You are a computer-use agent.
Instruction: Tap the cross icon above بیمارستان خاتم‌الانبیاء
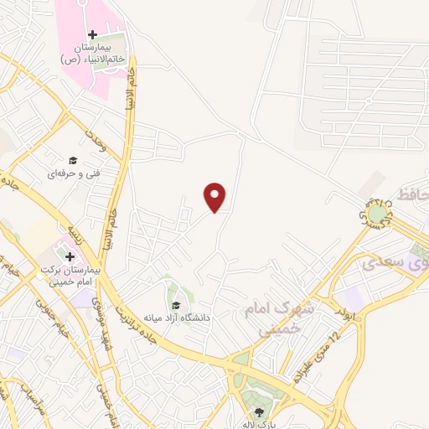coord(92,34)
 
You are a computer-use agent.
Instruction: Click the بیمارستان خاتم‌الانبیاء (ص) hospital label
coord(92,54)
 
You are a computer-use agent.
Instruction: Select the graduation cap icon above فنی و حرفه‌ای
coord(73,160)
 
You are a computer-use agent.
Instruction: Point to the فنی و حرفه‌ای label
coord(72,173)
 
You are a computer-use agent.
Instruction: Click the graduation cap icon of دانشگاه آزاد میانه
coord(176,305)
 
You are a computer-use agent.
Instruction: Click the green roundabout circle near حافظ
coord(378,214)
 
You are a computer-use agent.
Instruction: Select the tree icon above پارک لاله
coord(259,411)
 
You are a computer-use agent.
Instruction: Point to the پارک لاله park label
coord(260,424)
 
